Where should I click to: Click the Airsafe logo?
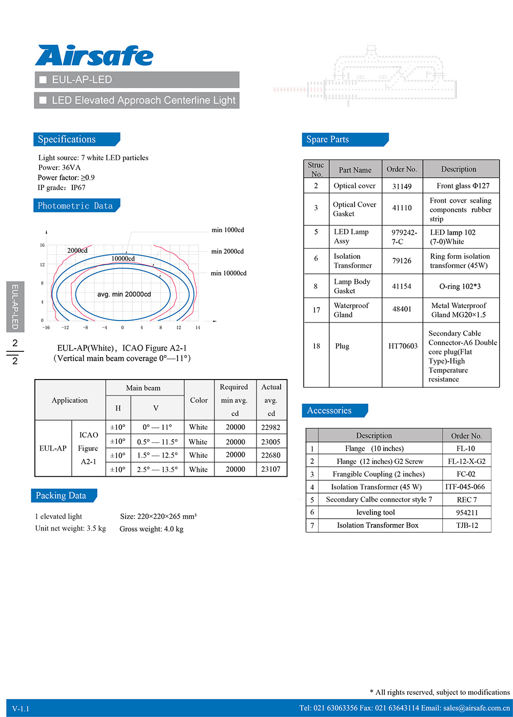(94, 55)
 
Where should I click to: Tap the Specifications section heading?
(67, 139)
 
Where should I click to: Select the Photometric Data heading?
(75, 205)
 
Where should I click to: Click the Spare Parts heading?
(328, 139)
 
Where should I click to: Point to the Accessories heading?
(329, 410)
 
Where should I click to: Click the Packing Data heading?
(61, 496)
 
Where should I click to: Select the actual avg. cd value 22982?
(271, 427)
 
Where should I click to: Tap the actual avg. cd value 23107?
(271, 469)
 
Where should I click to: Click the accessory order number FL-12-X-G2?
(466, 461)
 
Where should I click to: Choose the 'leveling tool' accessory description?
(376, 512)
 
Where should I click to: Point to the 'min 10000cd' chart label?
(229, 273)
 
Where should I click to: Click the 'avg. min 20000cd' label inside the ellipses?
(124, 294)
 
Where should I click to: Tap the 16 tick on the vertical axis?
(42, 246)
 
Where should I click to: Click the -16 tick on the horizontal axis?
(46, 328)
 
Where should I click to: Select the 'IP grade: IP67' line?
(62, 187)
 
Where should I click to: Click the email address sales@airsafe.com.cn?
(477, 708)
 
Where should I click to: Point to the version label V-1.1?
(21, 709)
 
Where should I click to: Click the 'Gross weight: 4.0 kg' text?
(151, 529)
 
